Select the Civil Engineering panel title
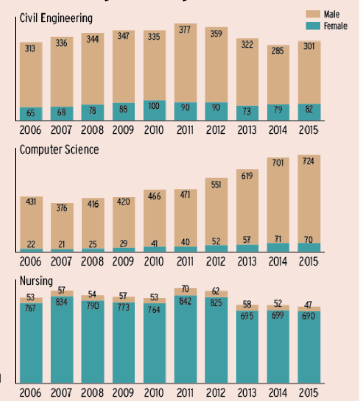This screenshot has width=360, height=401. [x=56, y=18]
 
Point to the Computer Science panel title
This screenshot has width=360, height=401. [x=59, y=149]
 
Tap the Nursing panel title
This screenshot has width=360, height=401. [x=36, y=281]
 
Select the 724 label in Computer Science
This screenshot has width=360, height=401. [x=309, y=161]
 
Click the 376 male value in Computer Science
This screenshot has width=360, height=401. [x=61, y=209]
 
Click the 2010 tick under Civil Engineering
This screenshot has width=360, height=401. [x=154, y=130]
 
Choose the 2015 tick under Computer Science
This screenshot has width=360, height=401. [x=309, y=260]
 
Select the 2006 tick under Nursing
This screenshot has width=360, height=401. [x=30, y=392]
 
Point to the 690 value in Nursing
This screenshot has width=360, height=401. [x=309, y=315]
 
